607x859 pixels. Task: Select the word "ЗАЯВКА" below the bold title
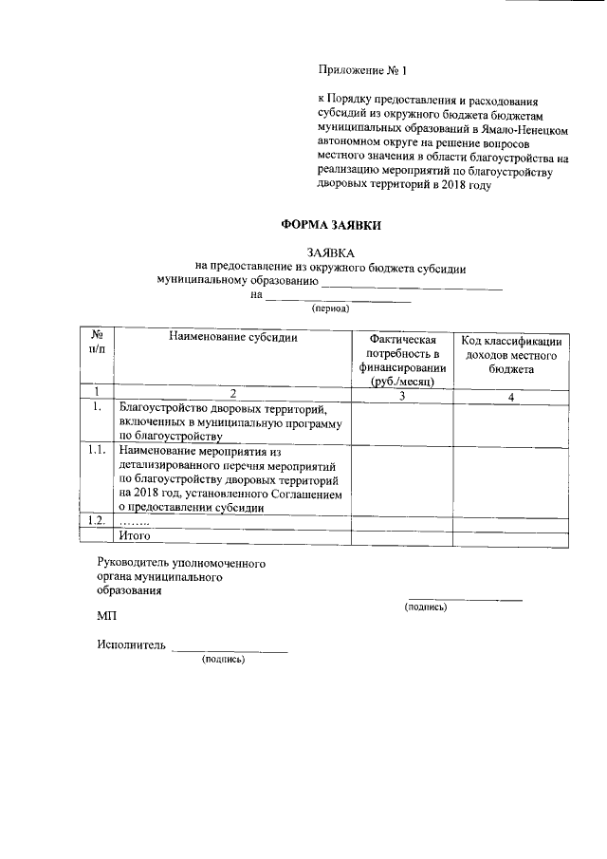(x=331, y=253)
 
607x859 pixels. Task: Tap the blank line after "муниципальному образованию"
(x=412, y=283)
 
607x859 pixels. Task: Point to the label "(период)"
(x=331, y=308)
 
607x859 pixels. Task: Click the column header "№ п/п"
(x=97, y=345)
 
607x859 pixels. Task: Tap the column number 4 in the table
(x=511, y=397)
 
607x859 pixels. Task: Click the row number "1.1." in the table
(x=95, y=451)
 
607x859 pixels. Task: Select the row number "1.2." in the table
(x=95, y=520)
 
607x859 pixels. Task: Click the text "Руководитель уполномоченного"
(x=181, y=564)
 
